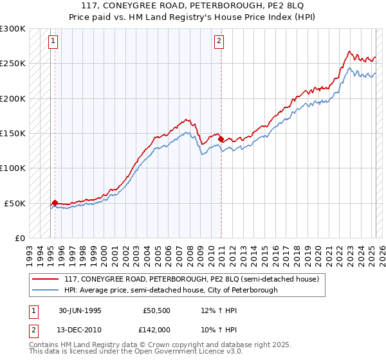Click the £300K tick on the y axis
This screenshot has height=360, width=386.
pyautogui.click(x=13, y=29)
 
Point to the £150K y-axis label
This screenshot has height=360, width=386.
pyautogui.click(x=13, y=134)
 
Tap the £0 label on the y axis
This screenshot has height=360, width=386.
pyautogui.click(x=19, y=238)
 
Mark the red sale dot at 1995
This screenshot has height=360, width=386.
pyautogui.click(x=55, y=203)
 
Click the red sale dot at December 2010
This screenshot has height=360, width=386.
pyautogui.click(x=221, y=139)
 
